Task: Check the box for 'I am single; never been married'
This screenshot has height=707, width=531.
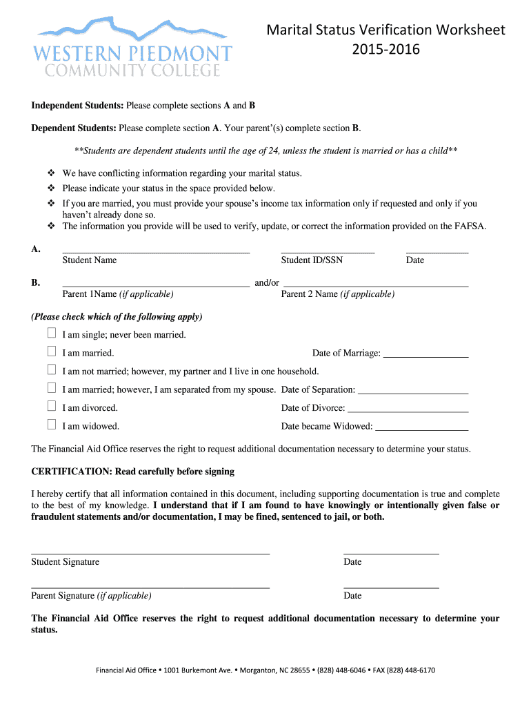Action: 52,333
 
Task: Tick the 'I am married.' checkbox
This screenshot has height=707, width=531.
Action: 52,352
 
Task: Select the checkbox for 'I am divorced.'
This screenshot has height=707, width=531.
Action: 52,407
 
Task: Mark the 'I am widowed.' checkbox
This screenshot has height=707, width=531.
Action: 52,425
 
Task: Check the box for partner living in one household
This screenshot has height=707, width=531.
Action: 52,370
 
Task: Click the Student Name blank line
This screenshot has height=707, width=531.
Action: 156,251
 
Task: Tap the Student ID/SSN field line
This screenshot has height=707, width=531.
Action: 328,251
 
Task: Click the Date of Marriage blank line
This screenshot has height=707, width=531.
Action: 425,355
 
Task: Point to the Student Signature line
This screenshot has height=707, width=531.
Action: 150,552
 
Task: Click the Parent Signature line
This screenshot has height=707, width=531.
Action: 150,585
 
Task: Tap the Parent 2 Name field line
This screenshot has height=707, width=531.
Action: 376,284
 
